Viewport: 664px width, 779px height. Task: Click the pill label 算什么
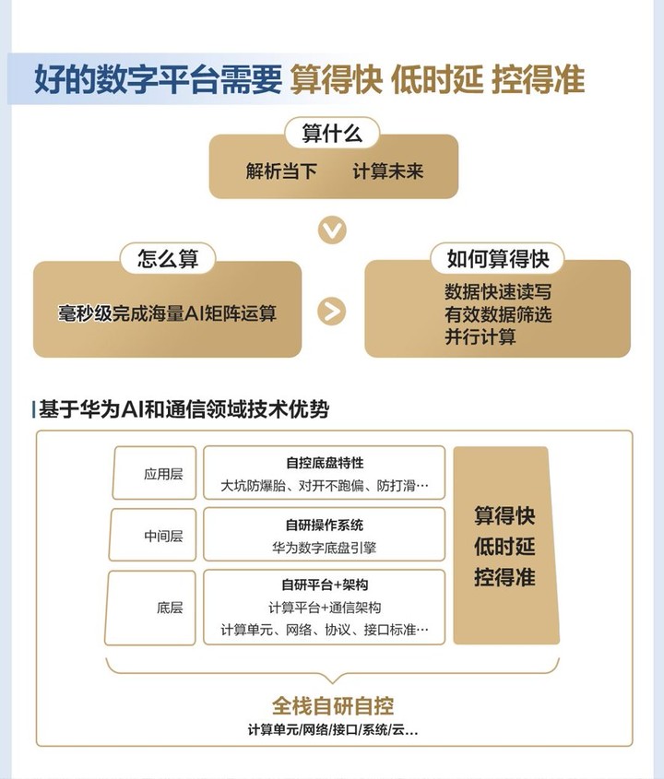[x=332, y=133]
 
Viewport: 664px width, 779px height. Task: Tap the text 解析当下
[x=281, y=171]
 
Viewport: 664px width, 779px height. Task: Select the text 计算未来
[x=387, y=171]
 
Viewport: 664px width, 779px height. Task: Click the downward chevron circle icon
[x=332, y=230]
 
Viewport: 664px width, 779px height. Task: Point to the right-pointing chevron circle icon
[x=331, y=311]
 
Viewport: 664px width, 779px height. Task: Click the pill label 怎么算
[x=168, y=258]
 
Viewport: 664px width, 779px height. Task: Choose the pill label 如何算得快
[x=497, y=258]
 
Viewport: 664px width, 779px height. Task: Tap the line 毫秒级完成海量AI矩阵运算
[x=167, y=313]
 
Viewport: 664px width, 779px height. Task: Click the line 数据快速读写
[x=498, y=292]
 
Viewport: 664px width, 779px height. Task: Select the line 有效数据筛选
[x=498, y=314]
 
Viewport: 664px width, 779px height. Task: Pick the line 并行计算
[x=480, y=336]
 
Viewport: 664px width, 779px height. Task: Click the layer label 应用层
[x=163, y=474]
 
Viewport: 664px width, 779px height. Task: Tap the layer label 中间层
[x=163, y=536]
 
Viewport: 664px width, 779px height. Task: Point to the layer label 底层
[x=170, y=608]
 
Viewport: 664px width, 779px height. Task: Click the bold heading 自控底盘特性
[x=325, y=463]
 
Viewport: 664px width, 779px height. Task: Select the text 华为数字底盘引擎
[x=324, y=548]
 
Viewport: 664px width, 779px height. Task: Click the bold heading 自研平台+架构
[x=325, y=584]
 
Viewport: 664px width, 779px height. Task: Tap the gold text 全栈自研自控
[x=333, y=706]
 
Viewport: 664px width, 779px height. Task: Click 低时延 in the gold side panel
[x=504, y=547]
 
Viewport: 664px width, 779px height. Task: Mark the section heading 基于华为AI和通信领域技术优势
[x=184, y=410]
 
